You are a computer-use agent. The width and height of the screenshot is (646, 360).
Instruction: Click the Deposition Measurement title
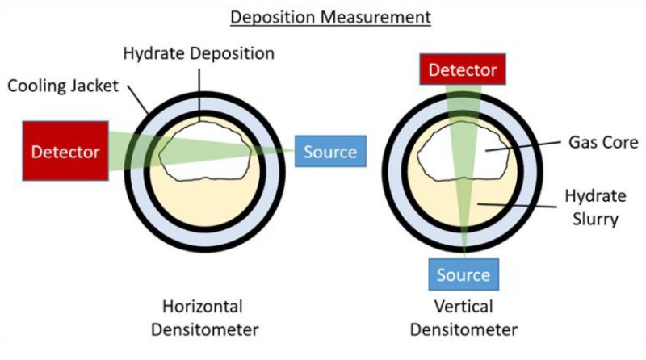click(322, 15)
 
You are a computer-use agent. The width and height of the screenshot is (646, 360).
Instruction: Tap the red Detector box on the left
click(65, 151)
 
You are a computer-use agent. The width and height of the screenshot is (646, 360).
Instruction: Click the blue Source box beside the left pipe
click(330, 151)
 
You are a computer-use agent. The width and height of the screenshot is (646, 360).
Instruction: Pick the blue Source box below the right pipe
click(463, 274)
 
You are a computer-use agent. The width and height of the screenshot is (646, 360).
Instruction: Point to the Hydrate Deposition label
click(199, 54)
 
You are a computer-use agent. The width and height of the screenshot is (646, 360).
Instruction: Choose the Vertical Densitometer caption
click(463, 318)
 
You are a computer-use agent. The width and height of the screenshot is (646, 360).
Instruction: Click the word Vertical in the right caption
click(463, 308)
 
